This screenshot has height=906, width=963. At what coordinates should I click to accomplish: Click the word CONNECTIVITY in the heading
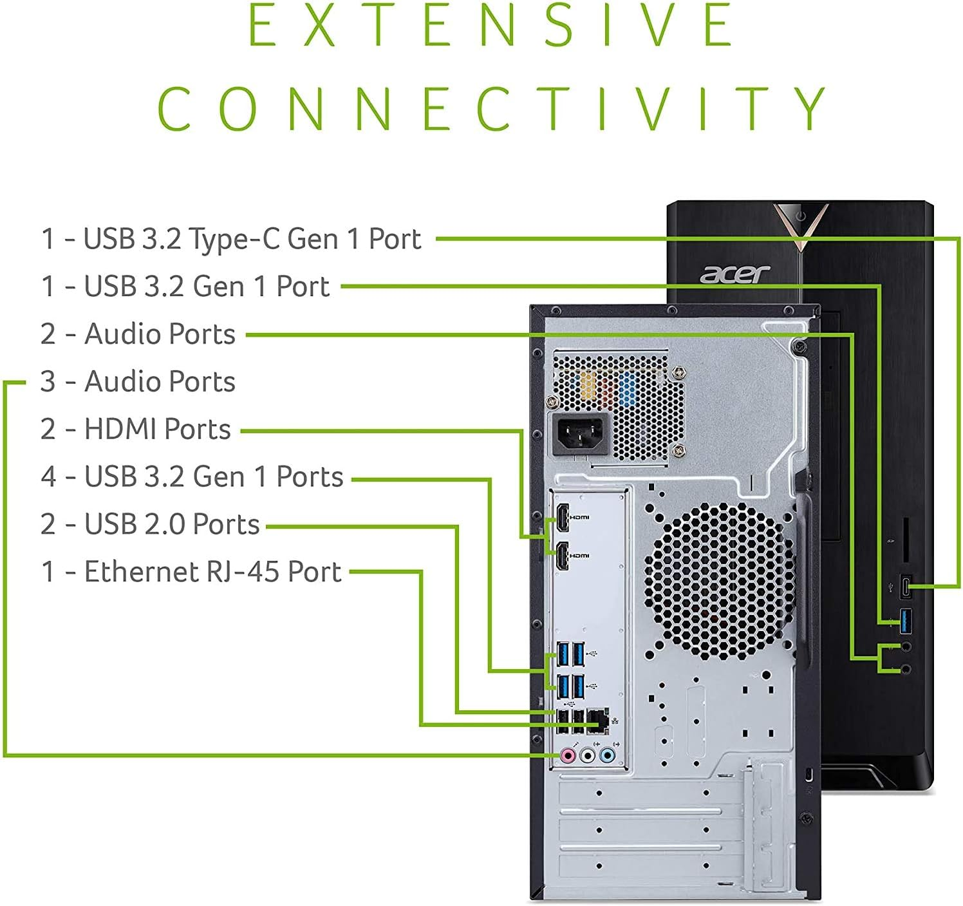492,108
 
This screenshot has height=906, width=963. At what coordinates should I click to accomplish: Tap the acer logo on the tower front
734,274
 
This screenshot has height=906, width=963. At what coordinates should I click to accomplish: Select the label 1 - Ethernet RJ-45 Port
191,572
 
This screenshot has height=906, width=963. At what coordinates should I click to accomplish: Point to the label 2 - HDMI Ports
135,429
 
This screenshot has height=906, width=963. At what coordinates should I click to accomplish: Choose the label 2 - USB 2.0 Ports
149,524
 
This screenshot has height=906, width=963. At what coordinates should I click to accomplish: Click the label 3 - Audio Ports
137,382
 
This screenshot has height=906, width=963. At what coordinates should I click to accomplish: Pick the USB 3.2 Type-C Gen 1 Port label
231,239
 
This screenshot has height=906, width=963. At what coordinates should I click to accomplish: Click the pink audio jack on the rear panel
568,755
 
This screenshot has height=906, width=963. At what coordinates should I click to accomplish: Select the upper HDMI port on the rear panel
562,518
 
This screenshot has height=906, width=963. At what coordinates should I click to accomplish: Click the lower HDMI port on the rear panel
562,556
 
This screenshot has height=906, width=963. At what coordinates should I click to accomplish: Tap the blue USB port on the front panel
906,621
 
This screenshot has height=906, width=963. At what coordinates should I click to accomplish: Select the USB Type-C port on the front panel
906,587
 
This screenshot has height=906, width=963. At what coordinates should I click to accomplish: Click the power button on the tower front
800,216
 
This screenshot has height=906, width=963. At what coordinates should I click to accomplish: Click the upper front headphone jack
906,646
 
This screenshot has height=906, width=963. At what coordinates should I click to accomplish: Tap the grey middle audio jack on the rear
587,755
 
